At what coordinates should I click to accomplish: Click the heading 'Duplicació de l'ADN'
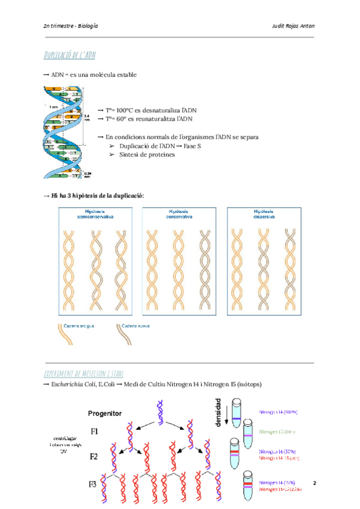coord(69,56)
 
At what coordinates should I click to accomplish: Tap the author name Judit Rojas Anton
coord(293,27)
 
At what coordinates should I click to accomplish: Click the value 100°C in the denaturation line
coord(124,110)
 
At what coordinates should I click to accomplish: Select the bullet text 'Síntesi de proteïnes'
coord(147,155)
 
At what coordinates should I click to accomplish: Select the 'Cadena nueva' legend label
coord(135,326)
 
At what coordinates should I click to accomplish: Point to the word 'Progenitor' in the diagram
coord(105,414)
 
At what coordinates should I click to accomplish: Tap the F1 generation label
coord(95,432)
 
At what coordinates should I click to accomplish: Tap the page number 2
coord(314,483)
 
